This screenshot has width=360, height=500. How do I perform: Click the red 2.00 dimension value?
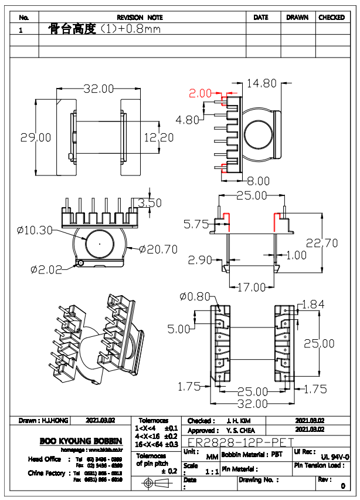pos(199,93)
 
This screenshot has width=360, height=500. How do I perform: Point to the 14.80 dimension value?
pos(261,84)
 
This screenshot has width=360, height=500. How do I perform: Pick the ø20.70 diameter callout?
pos(158,249)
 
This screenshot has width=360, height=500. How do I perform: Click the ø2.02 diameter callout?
pos(46,270)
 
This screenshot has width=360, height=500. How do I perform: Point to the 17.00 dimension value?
pos(252,288)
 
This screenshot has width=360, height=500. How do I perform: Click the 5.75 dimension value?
pos(196,224)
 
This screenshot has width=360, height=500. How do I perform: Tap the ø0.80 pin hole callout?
pos(195,297)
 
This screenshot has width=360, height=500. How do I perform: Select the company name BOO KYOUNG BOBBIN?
pos(81,441)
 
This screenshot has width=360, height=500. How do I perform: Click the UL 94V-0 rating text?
pos(335,457)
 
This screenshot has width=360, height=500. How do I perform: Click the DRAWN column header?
pos(297,18)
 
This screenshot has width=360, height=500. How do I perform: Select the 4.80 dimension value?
pos(188,120)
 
